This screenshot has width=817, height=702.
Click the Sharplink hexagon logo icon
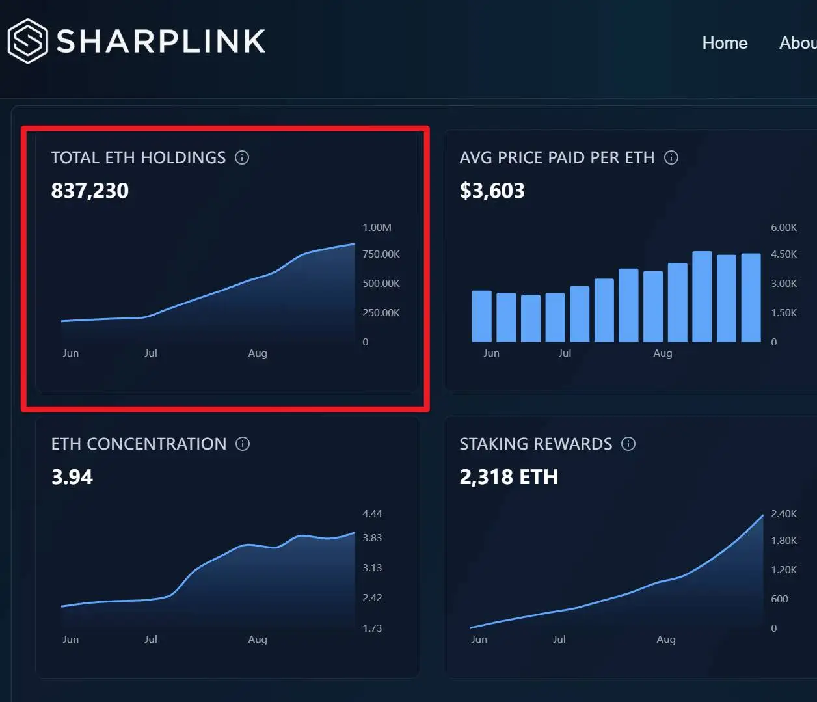(27, 41)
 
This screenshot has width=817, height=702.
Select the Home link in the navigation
(725, 43)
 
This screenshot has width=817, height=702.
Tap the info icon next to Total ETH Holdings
(242, 157)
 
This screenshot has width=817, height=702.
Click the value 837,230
(90, 191)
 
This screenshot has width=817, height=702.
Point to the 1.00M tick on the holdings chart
(377, 228)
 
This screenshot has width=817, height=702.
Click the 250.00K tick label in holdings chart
(381, 313)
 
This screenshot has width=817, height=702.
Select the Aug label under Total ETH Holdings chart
(258, 353)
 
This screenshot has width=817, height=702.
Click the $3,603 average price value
(492, 191)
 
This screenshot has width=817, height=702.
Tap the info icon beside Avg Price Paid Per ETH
(671, 157)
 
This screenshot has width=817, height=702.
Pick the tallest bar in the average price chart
(702, 297)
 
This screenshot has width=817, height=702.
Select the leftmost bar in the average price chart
(481, 316)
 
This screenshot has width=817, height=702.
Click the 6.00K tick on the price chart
(783, 228)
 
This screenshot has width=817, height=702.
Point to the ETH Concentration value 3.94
(72, 477)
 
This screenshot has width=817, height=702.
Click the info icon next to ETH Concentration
(243, 444)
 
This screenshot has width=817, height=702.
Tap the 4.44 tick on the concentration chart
(372, 514)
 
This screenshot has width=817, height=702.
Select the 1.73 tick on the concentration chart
(372, 628)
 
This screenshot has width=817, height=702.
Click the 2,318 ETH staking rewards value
(509, 477)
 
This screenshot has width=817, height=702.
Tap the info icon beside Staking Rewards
(628, 444)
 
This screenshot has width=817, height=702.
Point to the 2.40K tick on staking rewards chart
(783, 514)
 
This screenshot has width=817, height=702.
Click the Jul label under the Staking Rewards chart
(559, 640)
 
